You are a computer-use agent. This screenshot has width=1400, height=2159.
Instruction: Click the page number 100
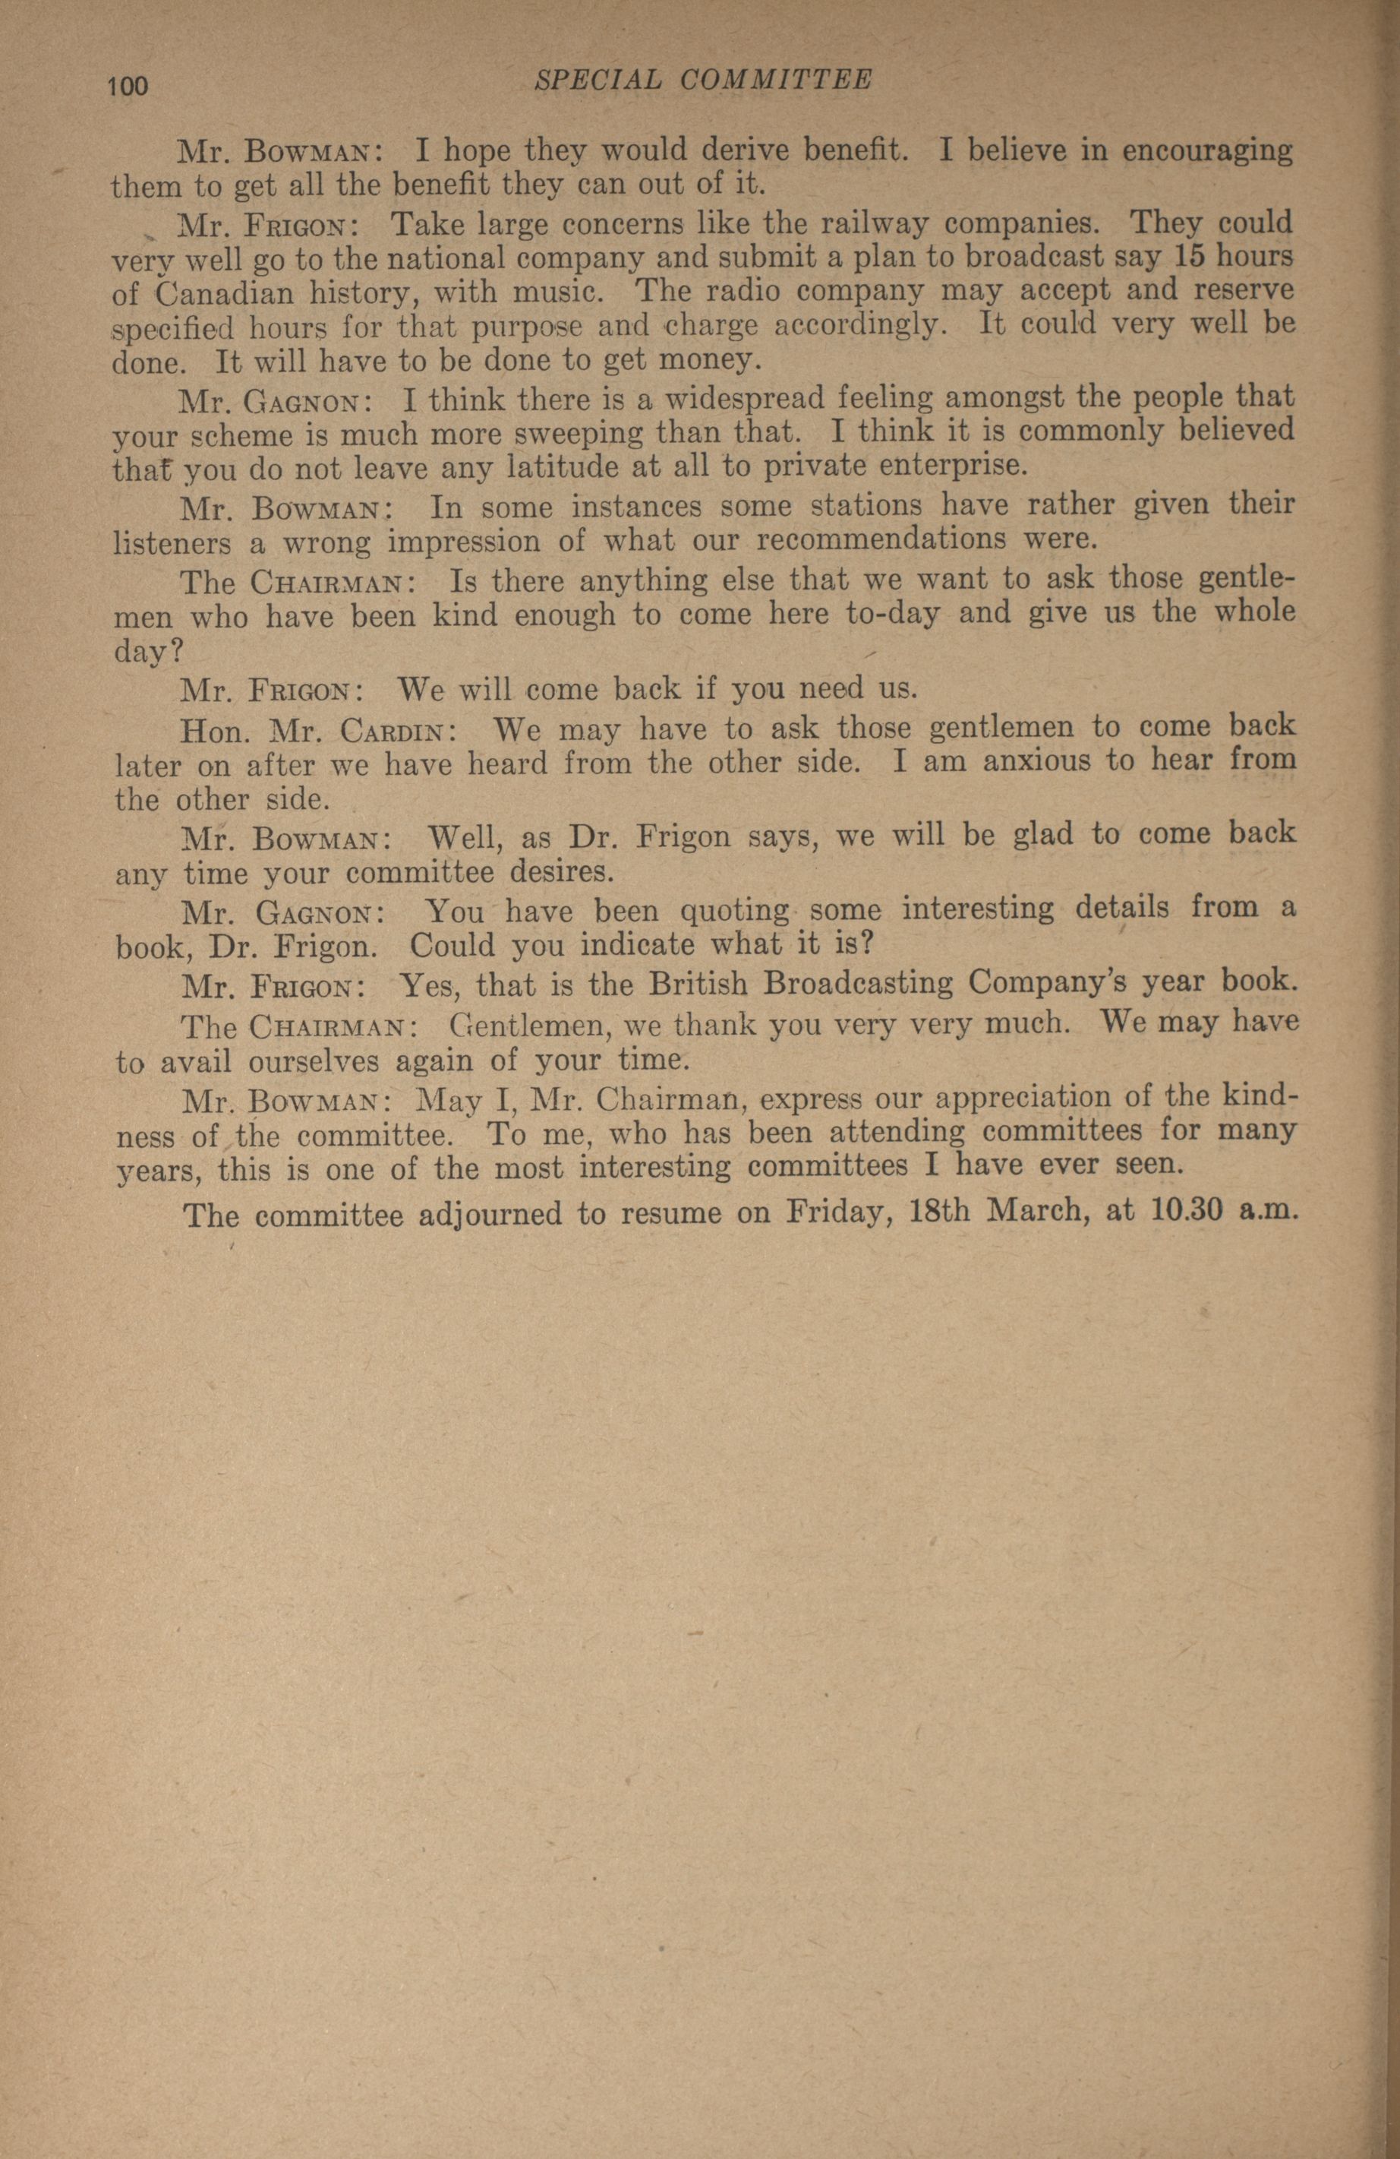(x=127, y=86)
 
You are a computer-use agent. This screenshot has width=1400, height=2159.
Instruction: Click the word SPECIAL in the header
(x=598, y=80)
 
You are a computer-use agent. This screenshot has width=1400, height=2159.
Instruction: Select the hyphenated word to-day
(x=878, y=614)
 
